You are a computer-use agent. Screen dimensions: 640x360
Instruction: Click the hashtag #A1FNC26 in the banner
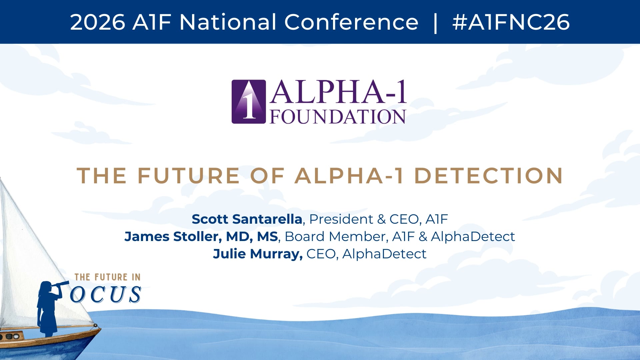511,22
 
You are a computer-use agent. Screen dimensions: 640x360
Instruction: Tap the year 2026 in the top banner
98,22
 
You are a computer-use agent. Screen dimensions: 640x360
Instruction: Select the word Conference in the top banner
351,22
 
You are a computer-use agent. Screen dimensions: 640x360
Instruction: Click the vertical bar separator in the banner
435,22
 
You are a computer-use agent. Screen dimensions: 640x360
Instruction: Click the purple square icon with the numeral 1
249,102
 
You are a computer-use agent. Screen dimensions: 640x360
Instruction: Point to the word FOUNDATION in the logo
338,117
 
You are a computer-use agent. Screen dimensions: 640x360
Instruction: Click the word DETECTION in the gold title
489,176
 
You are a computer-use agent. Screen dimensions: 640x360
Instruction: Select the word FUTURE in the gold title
189,176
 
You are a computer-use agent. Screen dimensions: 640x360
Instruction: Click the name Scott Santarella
247,219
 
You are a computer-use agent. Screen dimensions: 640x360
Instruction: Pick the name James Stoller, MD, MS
201,236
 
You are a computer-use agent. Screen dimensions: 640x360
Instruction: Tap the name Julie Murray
258,254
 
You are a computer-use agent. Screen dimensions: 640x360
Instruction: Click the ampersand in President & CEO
381,219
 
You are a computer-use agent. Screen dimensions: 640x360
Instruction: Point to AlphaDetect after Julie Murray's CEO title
384,254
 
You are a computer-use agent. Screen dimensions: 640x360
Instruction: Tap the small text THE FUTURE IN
107,277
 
